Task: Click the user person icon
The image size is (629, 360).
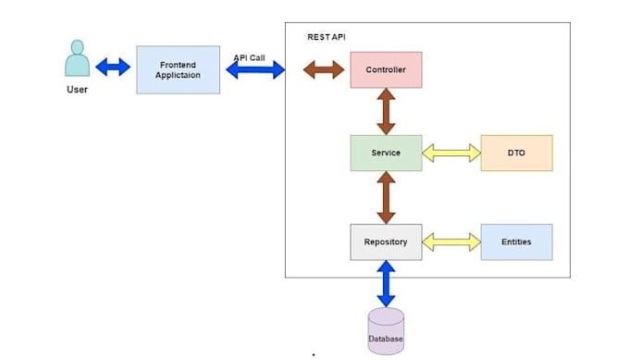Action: coord(78,58)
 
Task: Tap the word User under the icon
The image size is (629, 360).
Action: coord(77,90)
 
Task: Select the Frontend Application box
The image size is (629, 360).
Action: coord(179,69)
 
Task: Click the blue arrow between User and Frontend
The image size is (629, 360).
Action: coord(113,67)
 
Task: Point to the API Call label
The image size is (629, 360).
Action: coord(249,57)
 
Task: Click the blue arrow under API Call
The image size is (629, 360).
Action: coord(255,69)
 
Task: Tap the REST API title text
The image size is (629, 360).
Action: coord(327,37)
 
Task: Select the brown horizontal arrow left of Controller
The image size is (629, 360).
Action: coord(324,69)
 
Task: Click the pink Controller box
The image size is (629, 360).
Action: coord(386,69)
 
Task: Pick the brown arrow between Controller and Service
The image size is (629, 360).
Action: coord(386,112)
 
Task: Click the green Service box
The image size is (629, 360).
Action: coord(386,153)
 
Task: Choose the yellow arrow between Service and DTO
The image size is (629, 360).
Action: coord(451,153)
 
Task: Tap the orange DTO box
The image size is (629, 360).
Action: coord(517,153)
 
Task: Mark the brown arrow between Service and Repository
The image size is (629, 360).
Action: coord(386,197)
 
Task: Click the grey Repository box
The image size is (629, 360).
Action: coord(386,242)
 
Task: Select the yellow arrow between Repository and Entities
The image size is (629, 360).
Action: coord(451,242)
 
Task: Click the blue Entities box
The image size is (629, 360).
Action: coord(517,242)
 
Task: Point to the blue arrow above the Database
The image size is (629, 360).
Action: coord(386,284)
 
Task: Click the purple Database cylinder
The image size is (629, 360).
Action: coord(386,331)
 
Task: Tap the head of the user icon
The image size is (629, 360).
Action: coord(78,46)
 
